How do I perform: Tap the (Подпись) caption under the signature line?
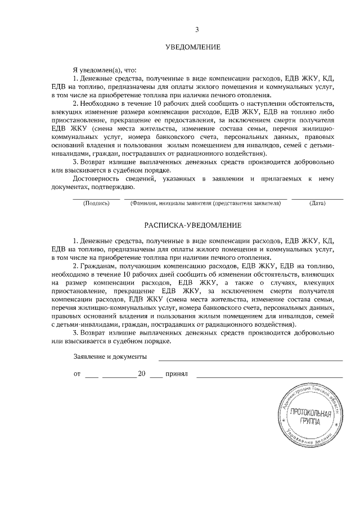tap(96, 203)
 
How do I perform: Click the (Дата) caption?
tap(317, 203)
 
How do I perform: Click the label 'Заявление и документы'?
tap(110, 357)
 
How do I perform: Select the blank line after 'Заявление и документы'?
tap(250, 359)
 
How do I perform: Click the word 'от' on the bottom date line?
tap(76, 373)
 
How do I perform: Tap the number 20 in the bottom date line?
tap(142, 373)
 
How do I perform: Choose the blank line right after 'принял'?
tap(269, 376)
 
